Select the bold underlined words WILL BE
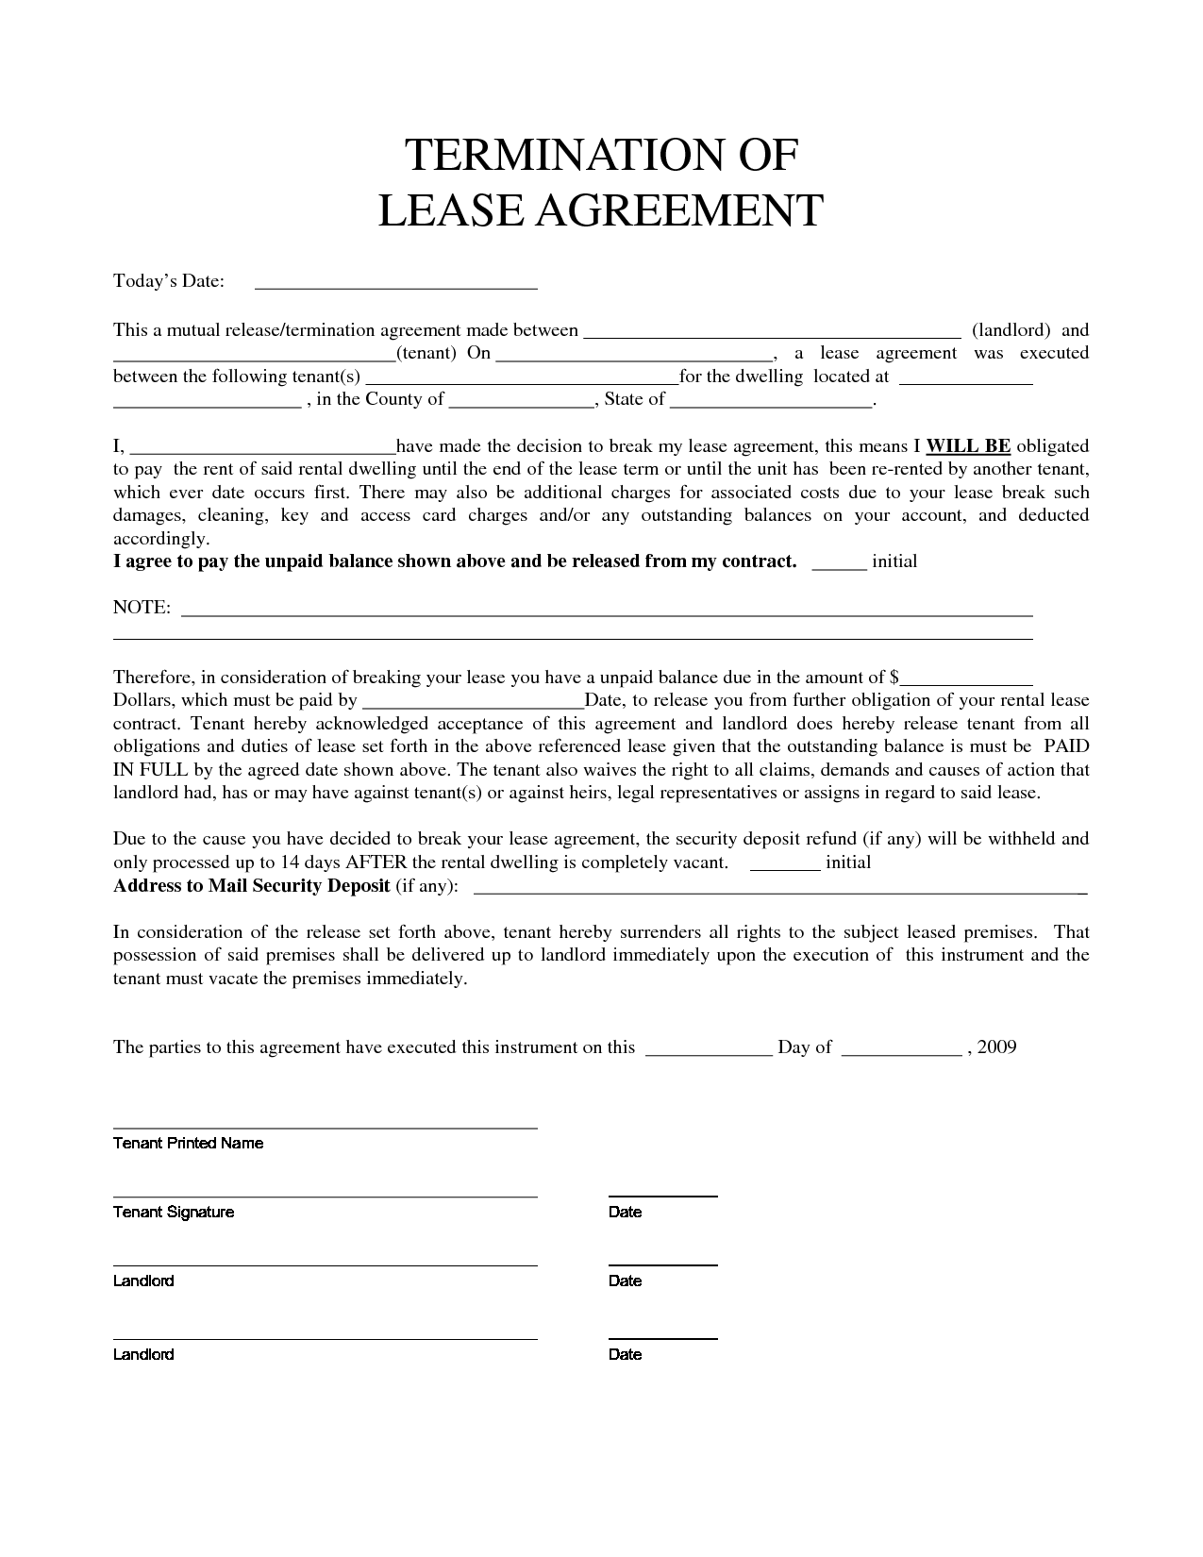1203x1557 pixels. pyautogui.click(x=969, y=445)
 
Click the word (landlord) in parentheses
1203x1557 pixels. pyautogui.click(x=1011, y=330)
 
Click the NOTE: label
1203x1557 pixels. pyautogui.click(x=142, y=608)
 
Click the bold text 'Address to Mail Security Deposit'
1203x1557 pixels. pyautogui.click(x=252, y=885)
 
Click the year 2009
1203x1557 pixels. pyautogui.click(x=997, y=1046)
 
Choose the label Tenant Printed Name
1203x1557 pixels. pyautogui.click(x=188, y=1143)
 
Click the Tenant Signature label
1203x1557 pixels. pyautogui.click(x=174, y=1212)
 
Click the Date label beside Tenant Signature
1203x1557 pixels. pyautogui.click(x=625, y=1212)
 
